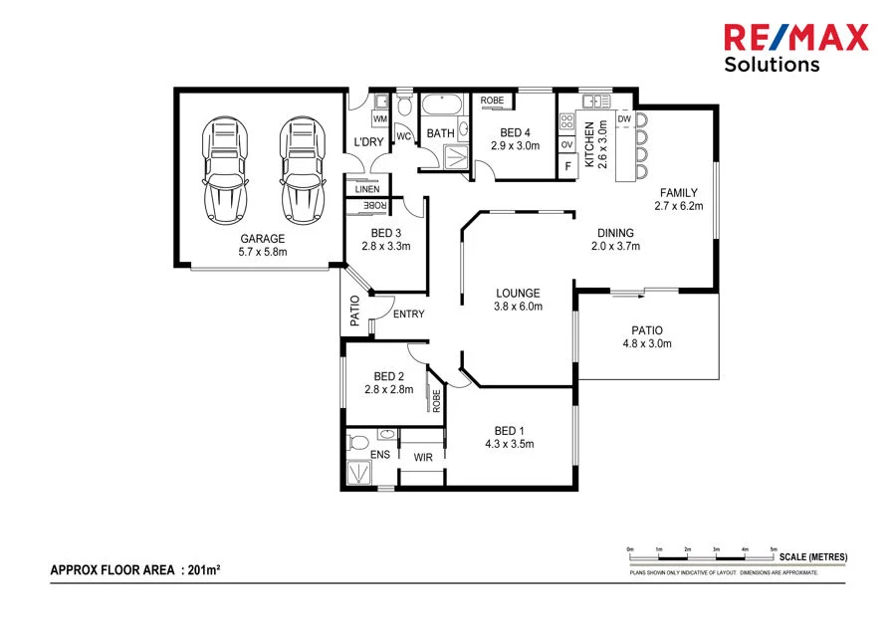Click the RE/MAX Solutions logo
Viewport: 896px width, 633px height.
click(794, 48)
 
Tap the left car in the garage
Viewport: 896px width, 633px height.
click(224, 171)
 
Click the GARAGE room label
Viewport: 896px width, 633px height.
click(263, 239)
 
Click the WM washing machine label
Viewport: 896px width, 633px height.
click(379, 119)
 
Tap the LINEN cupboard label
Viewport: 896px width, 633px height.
click(366, 188)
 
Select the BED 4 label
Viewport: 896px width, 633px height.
click(515, 132)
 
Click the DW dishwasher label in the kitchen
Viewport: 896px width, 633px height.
click(624, 119)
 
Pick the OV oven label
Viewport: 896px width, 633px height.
click(567, 145)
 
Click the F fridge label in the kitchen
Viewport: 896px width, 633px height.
click(567, 166)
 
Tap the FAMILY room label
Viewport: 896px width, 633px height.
click(678, 193)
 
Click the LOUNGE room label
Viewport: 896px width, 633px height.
click(519, 294)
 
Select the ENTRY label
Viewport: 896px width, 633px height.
click(408, 315)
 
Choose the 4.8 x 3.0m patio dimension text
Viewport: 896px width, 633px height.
click(647, 345)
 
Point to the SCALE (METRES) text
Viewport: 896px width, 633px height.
click(813, 555)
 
